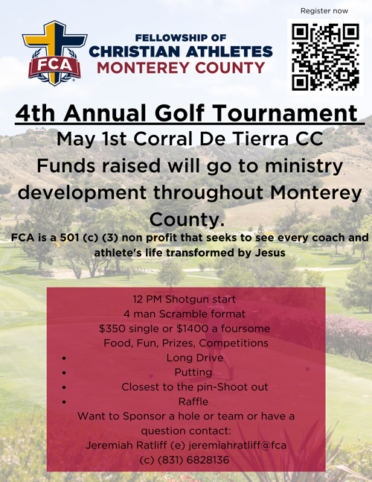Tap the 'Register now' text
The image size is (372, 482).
pos(324,11)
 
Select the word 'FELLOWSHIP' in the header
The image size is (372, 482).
pos(170,38)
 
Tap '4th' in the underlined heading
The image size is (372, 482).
pos(37,114)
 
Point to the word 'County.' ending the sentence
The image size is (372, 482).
pos(186,220)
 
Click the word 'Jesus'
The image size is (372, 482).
pos(263,253)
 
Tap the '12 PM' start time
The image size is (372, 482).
pos(143,299)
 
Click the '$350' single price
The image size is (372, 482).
pos(112,328)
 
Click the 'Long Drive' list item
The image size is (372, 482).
pos(186,358)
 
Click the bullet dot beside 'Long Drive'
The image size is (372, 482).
pos(66,358)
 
